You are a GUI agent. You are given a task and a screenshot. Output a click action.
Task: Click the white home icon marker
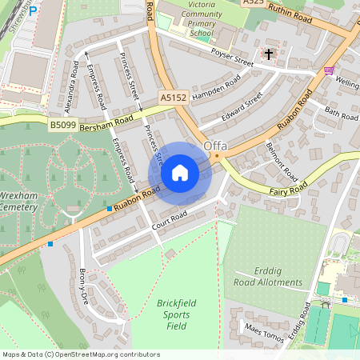[x=180, y=173]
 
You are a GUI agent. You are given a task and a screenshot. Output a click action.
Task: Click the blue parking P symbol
[x=33, y=12]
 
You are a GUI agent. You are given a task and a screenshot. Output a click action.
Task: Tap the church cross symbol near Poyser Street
[x=267, y=54]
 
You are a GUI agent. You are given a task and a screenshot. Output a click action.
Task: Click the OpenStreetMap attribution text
[x=81, y=354]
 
